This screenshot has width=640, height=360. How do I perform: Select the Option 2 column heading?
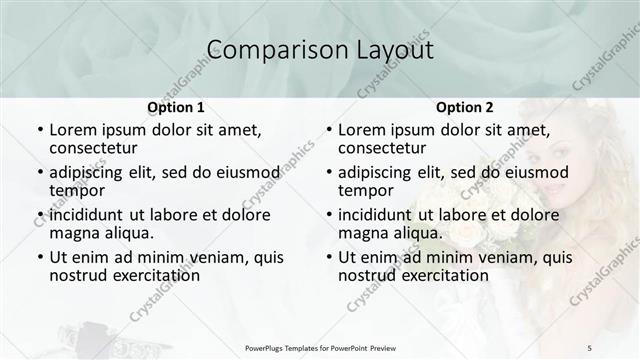pos(464,107)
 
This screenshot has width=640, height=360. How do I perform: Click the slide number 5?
pos(590,347)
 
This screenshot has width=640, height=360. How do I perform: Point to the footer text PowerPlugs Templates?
pos(296,347)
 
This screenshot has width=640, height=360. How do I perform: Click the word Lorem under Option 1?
pos(73,130)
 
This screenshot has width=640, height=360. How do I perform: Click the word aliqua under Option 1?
pos(129,233)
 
